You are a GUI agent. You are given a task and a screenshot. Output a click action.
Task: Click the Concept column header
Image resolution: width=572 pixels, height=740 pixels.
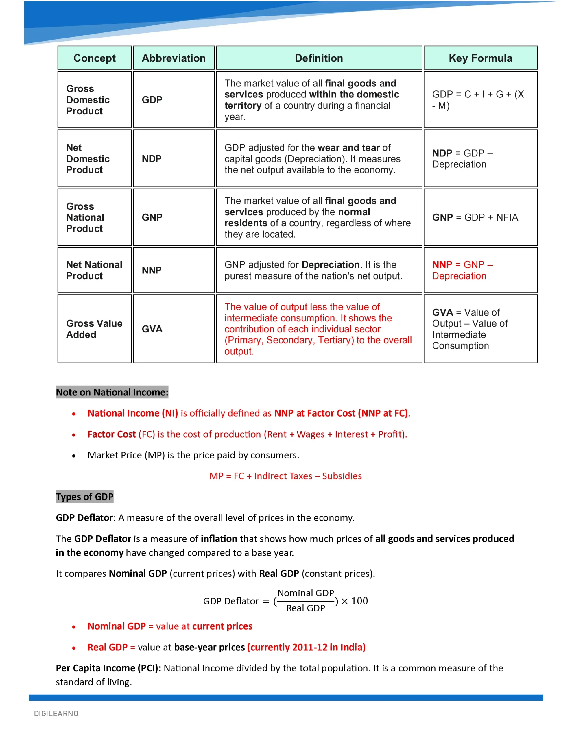(x=94, y=58)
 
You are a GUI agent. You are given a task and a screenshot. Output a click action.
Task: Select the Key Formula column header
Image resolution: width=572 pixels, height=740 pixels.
(x=480, y=58)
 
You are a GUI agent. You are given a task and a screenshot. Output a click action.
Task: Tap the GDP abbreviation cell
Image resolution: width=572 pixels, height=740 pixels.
(x=152, y=100)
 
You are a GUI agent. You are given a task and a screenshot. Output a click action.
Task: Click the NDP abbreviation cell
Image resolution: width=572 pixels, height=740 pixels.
(x=152, y=159)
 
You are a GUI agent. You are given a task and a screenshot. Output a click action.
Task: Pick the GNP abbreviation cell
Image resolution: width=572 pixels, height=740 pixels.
(x=152, y=217)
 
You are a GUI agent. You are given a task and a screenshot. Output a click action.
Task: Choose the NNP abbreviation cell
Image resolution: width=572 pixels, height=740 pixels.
(x=152, y=270)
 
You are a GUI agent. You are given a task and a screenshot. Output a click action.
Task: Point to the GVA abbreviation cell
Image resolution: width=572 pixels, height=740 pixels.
(x=152, y=329)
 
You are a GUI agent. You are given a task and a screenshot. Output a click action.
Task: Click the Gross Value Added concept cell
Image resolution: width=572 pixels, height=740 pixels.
(x=94, y=329)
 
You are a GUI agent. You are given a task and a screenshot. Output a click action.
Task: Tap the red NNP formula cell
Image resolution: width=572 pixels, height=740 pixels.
(x=462, y=270)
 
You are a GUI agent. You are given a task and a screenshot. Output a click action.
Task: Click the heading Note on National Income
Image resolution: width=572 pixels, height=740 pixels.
(x=112, y=392)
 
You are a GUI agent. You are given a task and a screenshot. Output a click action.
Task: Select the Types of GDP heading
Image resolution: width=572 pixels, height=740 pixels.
(x=84, y=497)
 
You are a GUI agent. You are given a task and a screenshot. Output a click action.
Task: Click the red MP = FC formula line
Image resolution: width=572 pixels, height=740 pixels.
(x=285, y=476)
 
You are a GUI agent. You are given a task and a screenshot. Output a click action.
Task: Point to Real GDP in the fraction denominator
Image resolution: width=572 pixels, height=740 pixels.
(x=305, y=608)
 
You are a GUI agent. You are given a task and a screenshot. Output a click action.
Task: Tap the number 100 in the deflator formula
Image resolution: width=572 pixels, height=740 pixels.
(x=359, y=601)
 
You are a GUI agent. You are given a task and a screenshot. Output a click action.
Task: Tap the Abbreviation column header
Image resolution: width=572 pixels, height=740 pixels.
(x=174, y=58)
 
